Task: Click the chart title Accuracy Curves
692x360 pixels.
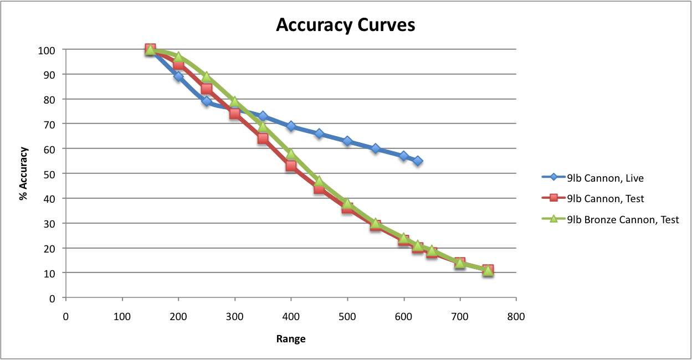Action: [x=346, y=25]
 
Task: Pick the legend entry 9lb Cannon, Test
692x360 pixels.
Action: [x=606, y=198]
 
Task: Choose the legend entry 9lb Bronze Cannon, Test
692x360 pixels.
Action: [x=623, y=219]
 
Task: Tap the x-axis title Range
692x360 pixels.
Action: [x=291, y=338]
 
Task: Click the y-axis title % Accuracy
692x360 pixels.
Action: [x=24, y=173]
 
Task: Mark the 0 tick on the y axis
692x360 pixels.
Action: [x=53, y=298]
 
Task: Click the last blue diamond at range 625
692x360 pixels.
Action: [x=418, y=161]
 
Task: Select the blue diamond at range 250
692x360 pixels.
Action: [x=207, y=101]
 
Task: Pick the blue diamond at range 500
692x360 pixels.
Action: [x=347, y=141]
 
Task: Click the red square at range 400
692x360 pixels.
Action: [x=291, y=166]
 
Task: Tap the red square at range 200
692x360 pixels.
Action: [x=178, y=64]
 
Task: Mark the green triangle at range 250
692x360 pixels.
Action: [x=207, y=77]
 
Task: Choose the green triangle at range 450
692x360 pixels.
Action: [x=319, y=181]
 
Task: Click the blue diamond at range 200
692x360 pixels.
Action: [x=178, y=77]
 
